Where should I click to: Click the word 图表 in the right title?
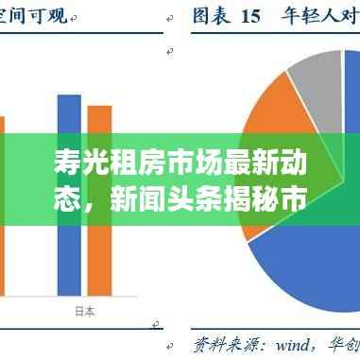pyautogui.click(x=213, y=15)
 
